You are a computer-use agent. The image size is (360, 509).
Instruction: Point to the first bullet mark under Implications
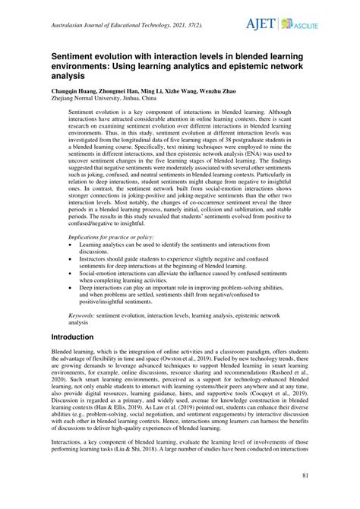coord(71,245)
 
